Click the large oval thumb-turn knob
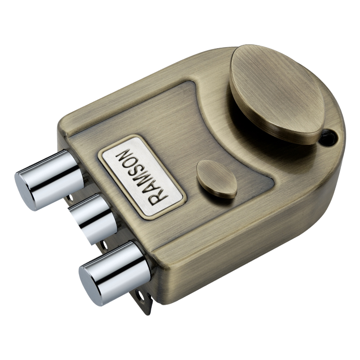277,94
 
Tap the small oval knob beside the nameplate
217,179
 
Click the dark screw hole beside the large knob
329,137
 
